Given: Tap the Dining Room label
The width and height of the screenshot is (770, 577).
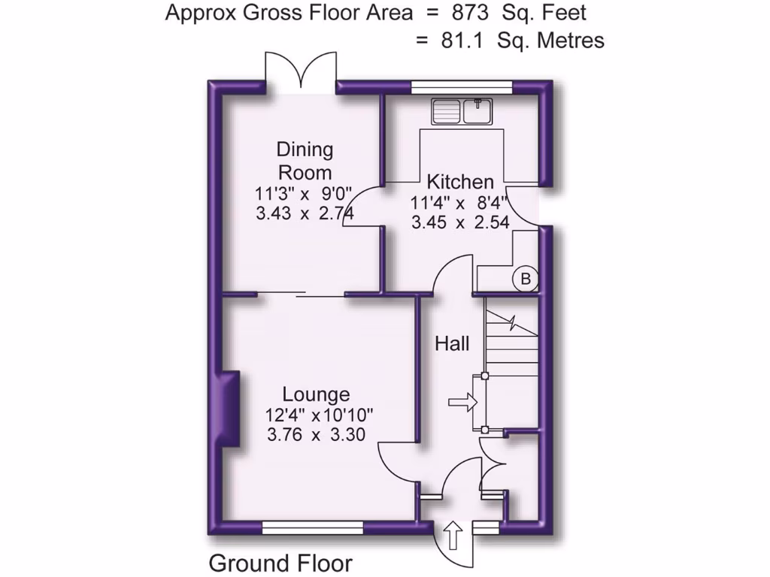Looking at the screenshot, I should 305,160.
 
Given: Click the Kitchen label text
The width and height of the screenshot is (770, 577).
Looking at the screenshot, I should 460,182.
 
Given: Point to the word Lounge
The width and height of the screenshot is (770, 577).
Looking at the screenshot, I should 316,394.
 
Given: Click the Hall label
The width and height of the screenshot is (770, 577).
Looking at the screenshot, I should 452,344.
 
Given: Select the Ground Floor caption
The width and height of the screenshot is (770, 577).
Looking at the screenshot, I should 280,563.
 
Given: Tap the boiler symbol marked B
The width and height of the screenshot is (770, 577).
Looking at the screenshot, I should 526,279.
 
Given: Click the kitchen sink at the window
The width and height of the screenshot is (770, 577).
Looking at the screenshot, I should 461,111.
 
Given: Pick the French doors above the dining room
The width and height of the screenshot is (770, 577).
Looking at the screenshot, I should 301,71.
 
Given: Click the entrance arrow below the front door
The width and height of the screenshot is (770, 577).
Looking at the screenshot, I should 453,536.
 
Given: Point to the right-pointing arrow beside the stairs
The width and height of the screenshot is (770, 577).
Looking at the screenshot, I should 462,403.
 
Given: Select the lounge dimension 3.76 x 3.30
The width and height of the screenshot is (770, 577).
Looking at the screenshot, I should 316,434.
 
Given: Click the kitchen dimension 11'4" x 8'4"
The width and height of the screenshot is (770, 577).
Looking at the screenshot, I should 459,202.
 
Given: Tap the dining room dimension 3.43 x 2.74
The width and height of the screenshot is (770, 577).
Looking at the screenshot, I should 305,213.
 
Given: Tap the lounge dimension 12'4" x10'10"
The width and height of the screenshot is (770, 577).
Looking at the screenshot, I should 319,414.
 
